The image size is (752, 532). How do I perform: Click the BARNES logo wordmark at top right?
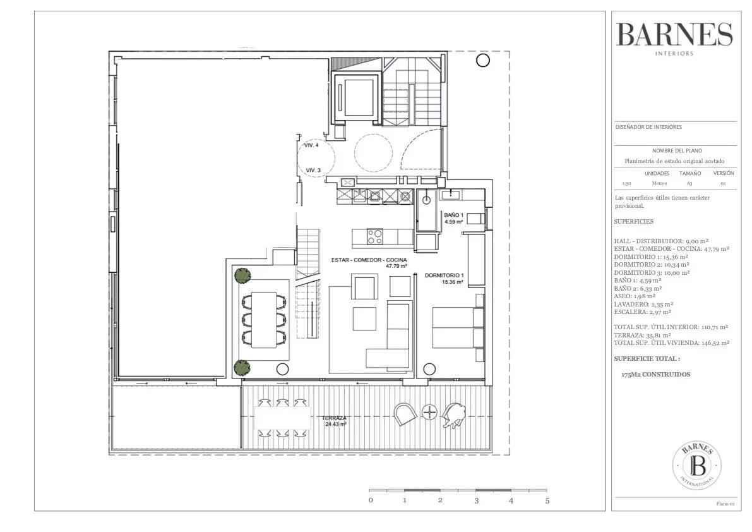click(x=674, y=35)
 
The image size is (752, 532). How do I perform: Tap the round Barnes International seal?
click(x=696, y=465)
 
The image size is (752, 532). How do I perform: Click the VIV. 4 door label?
click(x=311, y=145)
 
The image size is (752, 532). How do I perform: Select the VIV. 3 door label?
click(x=313, y=171)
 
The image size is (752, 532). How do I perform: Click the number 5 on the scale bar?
click(x=547, y=501)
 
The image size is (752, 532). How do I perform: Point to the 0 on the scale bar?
click(x=371, y=501)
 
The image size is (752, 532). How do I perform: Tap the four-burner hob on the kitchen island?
click(x=375, y=236)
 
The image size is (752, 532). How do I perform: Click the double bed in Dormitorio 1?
click(x=458, y=327)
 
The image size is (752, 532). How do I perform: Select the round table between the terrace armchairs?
click(x=429, y=412)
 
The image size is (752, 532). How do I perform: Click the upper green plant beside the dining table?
click(x=242, y=275)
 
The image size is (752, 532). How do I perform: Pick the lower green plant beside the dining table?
click(x=242, y=368)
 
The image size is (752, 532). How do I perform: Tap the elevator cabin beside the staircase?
click(x=357, y=97)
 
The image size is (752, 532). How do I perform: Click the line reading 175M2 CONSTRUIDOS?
click(x=655, y=375)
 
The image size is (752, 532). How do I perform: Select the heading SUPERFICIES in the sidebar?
click(x=633, y=222)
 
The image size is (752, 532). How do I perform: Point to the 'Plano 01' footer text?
click(x=725, y=504)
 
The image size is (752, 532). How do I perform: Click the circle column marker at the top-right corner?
click(x=483, y=61)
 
